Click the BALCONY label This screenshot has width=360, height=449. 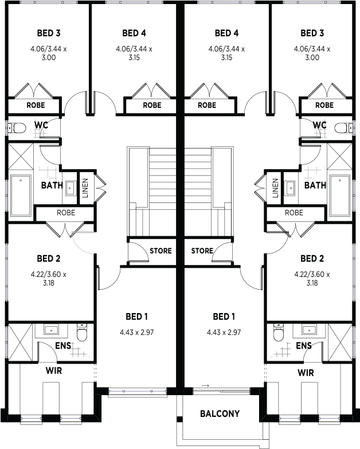click(220, 413)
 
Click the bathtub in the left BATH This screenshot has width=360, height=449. click(21, 196)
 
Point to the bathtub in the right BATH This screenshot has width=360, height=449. click(340, 196)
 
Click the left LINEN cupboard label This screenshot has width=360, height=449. click(85, 188)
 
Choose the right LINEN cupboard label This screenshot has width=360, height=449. click(275, 188)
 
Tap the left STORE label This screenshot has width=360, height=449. click(161, 251)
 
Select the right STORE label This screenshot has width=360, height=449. click(202, 251)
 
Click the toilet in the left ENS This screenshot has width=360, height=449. click(82, 333)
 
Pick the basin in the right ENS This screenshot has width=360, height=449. click(310, 330)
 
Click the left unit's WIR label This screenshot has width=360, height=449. click(54, 371)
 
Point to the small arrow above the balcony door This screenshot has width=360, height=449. click(205, 386)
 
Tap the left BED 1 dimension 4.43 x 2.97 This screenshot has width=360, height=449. click(137, 332)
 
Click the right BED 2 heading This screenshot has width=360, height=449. click(312, 259)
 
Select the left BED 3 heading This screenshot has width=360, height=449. click(49, 33)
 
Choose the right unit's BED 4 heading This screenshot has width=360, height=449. click(226, 33)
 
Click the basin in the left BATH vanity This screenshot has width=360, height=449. click(70, 188)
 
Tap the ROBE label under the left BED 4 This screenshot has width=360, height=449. click(152, 105)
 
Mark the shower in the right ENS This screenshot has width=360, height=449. click(340, 342)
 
